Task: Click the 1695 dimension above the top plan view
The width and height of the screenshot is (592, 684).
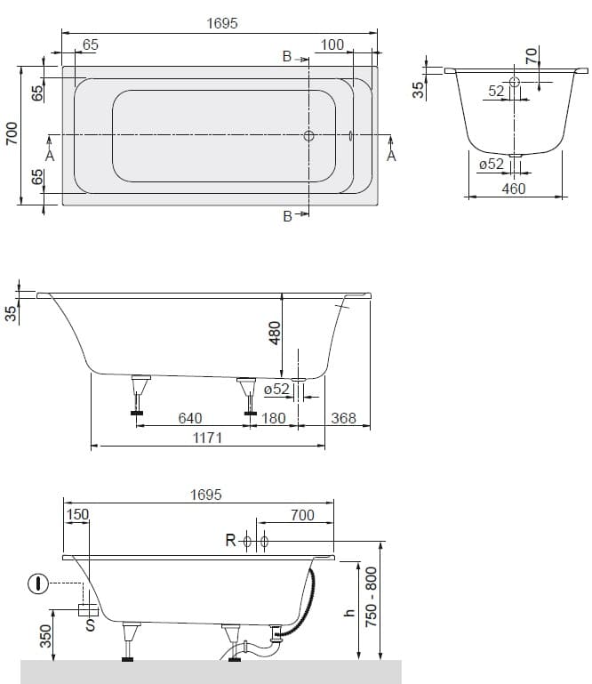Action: [x=222, y=23]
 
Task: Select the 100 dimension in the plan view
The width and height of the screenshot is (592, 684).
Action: [x=332, y=44]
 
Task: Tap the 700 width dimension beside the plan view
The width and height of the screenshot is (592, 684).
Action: [x=12, y=133]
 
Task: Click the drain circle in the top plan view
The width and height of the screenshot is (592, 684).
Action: [x=308, y=136]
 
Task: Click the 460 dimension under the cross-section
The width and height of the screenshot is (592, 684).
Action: [x=514, y=189]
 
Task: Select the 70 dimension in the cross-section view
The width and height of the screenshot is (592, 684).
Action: [x=532, y=56]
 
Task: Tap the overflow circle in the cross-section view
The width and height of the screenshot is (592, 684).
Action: [x=515, y=82]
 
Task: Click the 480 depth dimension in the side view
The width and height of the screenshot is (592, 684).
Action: [x=275, y=333]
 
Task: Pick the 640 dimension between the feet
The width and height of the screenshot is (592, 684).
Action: [x=190, y=418]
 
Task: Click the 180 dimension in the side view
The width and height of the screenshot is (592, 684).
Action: [x=273, y=418]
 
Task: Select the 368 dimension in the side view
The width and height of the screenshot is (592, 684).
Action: [x=343, y=418]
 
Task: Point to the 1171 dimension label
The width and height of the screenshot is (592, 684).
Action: [x=207, y=438]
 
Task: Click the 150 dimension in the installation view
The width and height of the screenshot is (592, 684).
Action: [x=77, y=515]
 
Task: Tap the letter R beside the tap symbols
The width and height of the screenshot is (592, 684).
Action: [x=230, y=541]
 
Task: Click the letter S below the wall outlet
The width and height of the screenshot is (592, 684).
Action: [x=91, y=625]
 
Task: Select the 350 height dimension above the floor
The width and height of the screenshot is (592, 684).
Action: [x=45, y=636]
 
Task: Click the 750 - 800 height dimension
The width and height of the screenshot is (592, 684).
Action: [x=371, y=597]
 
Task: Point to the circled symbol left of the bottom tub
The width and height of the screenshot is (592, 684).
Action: [x=38, y=583]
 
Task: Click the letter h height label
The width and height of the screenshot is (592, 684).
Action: [x=349, y=613]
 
